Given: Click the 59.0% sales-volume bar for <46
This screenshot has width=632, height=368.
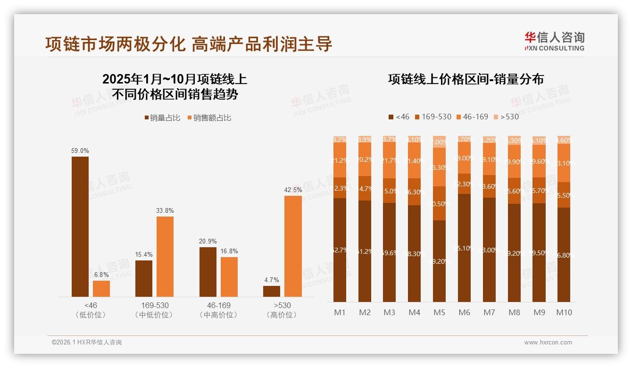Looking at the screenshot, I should pyautogui.click(x=80, y=226).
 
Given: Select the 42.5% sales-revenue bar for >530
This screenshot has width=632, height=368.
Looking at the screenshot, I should pyautogui.click(x=293, y=246).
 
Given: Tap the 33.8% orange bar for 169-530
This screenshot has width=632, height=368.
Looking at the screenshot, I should pyautogui.click(x=165, y=256).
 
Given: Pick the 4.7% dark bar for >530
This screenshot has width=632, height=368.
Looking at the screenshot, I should pyautogui.click(x=272, y=291).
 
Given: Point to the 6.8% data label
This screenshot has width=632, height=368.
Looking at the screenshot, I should pyautogui.click(x=101, y=275).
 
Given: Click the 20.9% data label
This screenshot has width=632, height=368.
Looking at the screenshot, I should pyautogui.click(x=208, y=241).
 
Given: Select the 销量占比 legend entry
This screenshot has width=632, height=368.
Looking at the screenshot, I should pyautogui.click(x=163, y=118).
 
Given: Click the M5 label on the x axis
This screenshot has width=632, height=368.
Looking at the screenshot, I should pyautogui.click(x=439, y=312).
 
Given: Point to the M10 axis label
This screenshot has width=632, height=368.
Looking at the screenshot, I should pyautogui.click(x=564, y=312).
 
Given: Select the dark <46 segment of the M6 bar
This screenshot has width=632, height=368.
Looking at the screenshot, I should pyautogui.click(x=464, y=248).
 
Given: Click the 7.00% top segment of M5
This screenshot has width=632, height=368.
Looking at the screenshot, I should pyautogui.click(x=439, y=142).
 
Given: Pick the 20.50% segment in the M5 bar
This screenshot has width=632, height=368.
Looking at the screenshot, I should pyautogui.click(x=439, y=203).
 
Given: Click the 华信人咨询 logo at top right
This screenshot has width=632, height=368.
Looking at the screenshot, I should pyautogui.click(x=554, y=41).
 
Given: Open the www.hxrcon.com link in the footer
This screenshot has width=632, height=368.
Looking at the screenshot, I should pyautogui.click(x=548, y=343).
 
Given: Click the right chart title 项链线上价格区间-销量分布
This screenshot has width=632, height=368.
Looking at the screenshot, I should pyautogui.click(x=466, y=79).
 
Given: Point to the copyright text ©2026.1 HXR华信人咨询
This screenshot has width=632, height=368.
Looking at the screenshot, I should pyautogui.click(x=87, y=343).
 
